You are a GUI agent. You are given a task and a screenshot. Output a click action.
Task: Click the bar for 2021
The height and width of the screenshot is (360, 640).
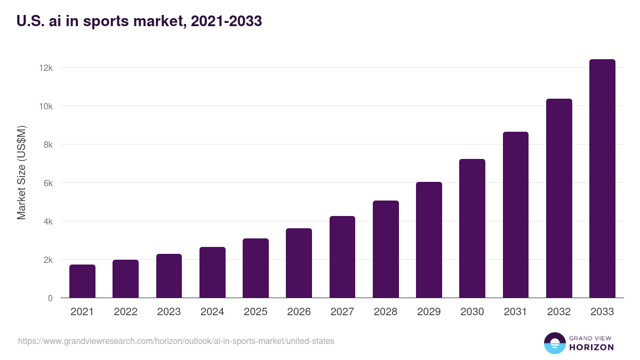[x=82, y=281]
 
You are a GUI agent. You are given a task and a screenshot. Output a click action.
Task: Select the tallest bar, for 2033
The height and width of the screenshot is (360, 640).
[x=602, y=179]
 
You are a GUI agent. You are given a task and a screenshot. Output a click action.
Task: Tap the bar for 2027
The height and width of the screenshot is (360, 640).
[x=342, y=257]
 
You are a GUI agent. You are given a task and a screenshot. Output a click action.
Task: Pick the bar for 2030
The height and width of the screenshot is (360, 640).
[x=472, y=228]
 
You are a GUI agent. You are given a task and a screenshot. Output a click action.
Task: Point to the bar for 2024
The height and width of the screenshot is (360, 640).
[x=212, y=272]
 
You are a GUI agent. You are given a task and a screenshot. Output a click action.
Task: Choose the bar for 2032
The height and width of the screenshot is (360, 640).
[x=559, y=198]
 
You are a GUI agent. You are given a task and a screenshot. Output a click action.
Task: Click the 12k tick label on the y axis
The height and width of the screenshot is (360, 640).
[x=46, y=68]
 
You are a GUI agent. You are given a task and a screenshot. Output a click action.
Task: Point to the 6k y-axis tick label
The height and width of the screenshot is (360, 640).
[x=47, y=183]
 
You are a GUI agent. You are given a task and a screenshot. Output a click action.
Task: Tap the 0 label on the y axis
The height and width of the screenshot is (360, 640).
[x=50, y=298]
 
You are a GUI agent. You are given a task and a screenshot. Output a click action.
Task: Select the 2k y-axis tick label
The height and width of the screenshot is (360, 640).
[x=47, y=260]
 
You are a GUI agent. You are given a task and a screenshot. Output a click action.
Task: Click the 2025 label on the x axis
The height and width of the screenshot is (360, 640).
[x=255, y=312]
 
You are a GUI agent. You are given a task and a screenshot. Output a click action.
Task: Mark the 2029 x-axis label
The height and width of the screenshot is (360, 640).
[x=429, y=312]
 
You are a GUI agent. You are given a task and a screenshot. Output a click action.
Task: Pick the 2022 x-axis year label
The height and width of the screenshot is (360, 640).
[x=125, y=312]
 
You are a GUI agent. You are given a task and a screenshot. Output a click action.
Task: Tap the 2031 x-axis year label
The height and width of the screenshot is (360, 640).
[x=516, y=312]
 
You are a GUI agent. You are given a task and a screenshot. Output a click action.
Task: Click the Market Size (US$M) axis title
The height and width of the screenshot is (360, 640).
[x=21, y=172]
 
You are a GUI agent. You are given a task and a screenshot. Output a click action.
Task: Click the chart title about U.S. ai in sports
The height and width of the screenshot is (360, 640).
[x=139, y=21]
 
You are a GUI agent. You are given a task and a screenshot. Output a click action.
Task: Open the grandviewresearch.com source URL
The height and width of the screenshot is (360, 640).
[x=176, y=341]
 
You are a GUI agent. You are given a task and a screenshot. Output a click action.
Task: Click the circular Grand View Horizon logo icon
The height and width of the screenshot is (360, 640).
[x=554, y=343]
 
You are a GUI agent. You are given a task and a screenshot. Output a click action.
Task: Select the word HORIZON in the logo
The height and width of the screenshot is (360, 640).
[x=591, y=347]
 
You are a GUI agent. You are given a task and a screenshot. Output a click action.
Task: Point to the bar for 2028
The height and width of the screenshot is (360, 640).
[x=386, y=249]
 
